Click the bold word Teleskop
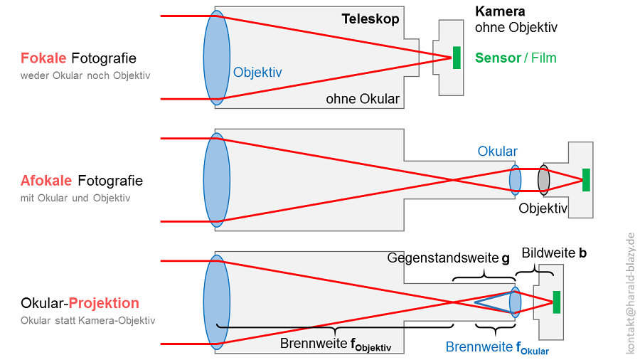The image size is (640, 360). coord(370,19)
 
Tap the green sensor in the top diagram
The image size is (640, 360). coord(456,58)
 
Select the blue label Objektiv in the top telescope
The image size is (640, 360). coord(257,72)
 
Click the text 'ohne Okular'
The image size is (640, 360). coord(363,99)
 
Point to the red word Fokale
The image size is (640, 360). coord(43,58)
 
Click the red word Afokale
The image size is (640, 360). coord(47,181)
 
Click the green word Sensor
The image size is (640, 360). coord(498,58)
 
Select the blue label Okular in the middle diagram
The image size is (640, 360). coord(498,152)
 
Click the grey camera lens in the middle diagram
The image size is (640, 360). coord(544,179)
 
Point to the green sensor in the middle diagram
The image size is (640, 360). coord(586,179)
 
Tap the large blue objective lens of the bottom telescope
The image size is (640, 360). coord(216,302)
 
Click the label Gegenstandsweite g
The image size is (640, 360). coord(449,258)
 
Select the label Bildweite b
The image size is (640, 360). coord(554,253)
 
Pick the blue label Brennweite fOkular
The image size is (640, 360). coord(497,348)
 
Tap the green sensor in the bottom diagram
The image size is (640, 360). coord(557,302)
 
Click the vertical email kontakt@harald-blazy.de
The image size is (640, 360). coord(629,293)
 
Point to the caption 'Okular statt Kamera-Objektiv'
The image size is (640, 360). coord(88,321)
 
